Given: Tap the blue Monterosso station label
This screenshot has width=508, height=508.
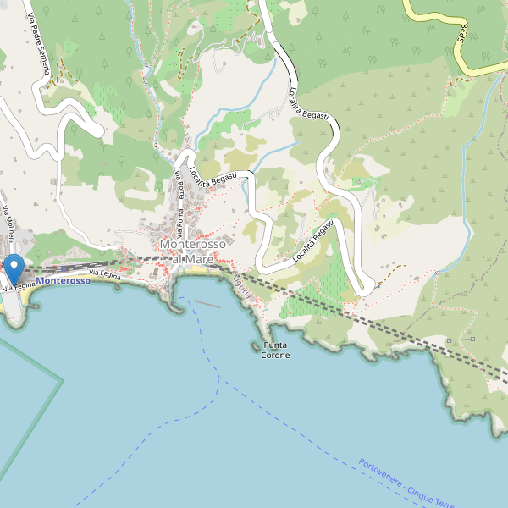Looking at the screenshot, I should (x=63, y=280).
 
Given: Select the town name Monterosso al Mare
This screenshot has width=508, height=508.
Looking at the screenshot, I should (x=192, y=251).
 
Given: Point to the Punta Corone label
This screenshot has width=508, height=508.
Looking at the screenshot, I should (x=275, y=351).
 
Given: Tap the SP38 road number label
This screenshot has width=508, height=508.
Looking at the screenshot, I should (x=462, y=35).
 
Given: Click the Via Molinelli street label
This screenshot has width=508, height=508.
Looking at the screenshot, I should (x=8, y=227).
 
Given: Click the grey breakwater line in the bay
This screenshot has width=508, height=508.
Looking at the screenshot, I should (x=207, y=303).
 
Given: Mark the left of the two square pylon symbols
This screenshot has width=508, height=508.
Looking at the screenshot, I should (x=449, y=340).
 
